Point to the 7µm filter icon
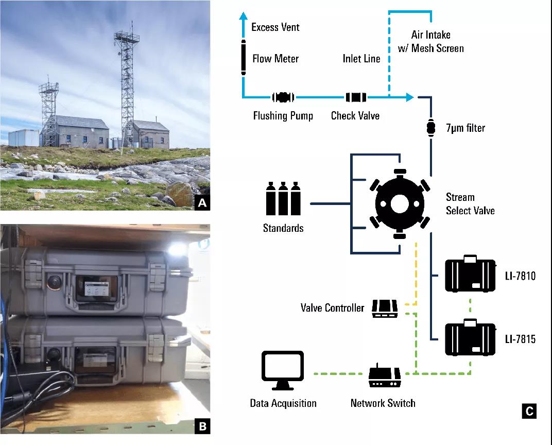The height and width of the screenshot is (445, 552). (x=430, y=127)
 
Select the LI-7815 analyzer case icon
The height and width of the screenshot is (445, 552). (x=470, y=338)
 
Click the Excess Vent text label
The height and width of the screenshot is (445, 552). (x=275, y=27)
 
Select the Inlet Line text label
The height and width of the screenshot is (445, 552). (x=361, y=59)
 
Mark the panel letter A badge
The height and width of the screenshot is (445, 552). (x=202, y=203)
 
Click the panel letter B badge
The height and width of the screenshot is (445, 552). (x=202, y=425)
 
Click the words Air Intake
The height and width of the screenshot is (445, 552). (x=431, y=35)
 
